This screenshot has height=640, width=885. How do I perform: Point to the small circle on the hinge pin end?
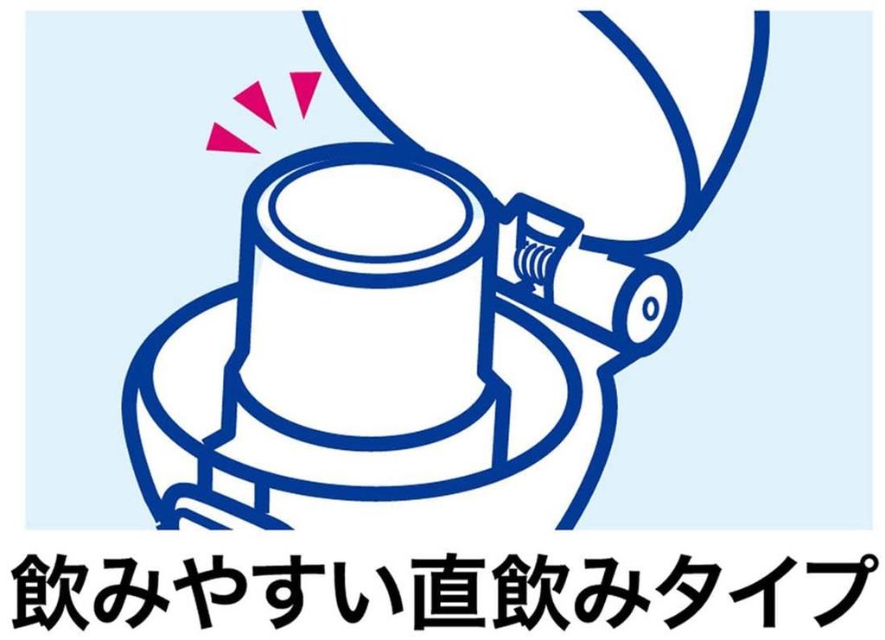[650, 305]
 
